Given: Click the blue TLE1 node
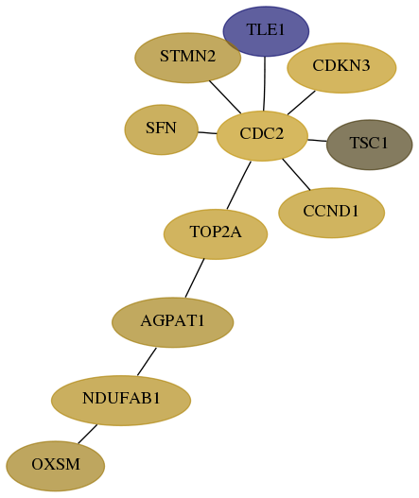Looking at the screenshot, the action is coord(266,31).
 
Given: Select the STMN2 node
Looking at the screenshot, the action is coord(187,58).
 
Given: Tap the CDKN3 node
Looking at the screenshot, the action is coord(341,68).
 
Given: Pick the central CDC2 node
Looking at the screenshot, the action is coord(262,136).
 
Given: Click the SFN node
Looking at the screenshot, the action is coord(161,129).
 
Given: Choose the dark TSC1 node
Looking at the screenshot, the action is coord(369,145).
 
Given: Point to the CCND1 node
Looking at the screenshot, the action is coord(331,213).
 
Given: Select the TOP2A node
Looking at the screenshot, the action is coord(216,234).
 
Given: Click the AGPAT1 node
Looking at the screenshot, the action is coord(173,322).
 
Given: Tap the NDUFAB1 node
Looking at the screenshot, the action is coord(121,400).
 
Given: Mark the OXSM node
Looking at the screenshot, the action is coord(55,466).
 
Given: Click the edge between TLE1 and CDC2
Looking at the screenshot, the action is coord(265,84).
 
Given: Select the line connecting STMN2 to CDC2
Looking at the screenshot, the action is coord(225,97).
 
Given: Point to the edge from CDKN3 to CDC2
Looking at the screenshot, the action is coord(302,103).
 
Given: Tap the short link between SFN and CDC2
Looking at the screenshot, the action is coord(207,132).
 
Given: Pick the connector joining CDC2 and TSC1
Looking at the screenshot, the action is coord(317,140).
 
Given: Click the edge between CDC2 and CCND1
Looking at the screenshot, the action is coord(296,175).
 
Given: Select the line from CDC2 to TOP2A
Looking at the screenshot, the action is coord(238,185).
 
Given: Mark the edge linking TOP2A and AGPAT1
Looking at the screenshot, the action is coord(195,278).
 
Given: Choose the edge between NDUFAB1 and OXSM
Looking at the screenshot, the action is coord(87,434).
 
